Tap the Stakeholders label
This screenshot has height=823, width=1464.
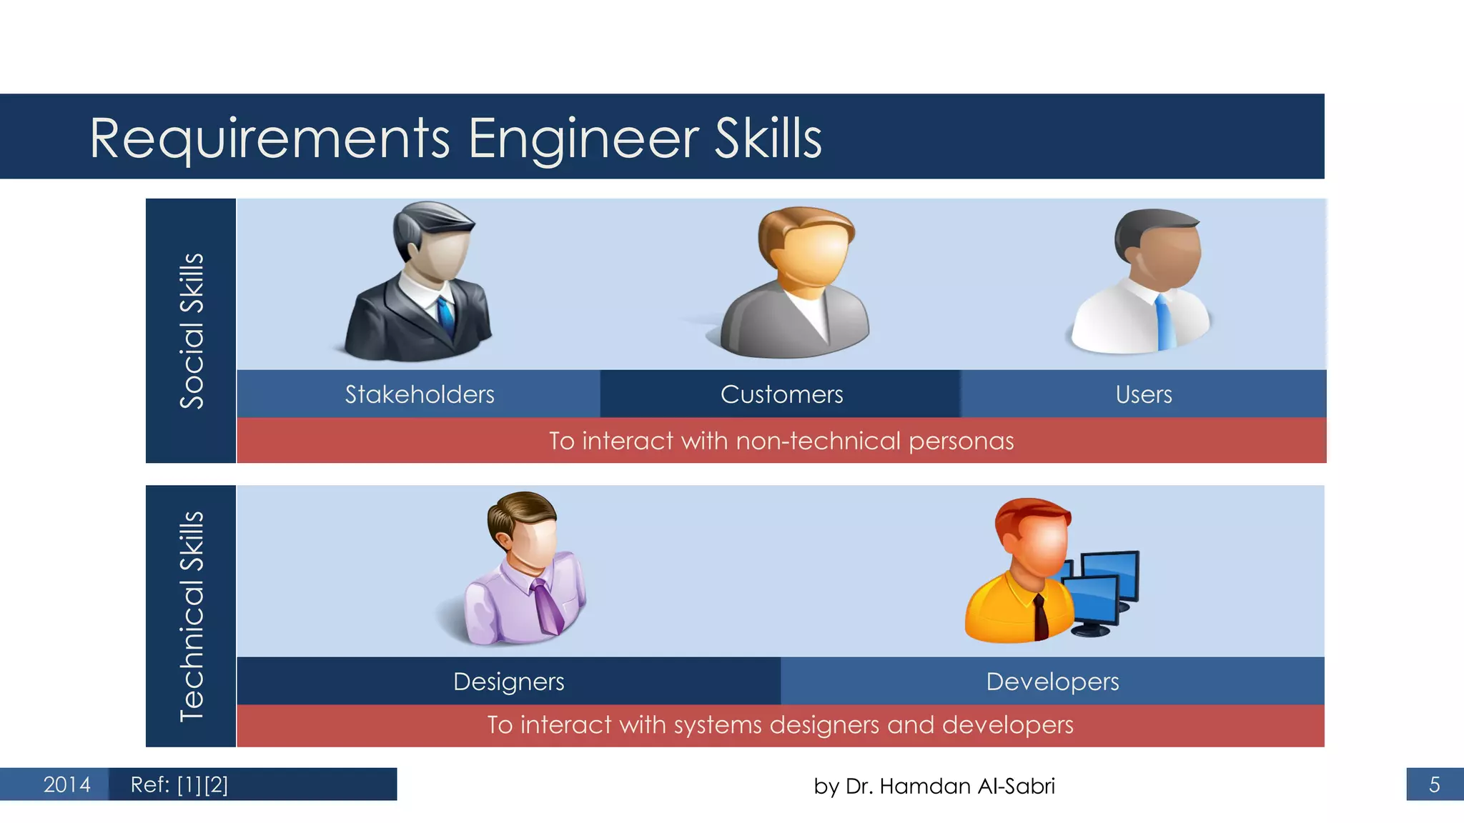[x=420, y=394]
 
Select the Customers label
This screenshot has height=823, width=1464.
[x=781, y=394]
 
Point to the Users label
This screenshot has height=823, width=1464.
[x=1144, y=394]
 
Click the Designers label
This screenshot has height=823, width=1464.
[x=508, y=682]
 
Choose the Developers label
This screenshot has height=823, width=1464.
[x=1052, y=682]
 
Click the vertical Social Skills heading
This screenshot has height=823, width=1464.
[x=192, y=331]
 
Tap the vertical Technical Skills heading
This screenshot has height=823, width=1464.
[x=192, y=617]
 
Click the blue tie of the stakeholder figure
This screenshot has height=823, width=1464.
[x=446, y=318]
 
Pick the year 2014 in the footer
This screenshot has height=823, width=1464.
[x=66, y=784]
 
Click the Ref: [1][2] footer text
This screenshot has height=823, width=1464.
[x=179, y=784]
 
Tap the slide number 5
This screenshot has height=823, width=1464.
[x=1434, y=784]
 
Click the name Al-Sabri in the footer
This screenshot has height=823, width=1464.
[x=1016, y=786]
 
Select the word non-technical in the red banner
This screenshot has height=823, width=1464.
[x=818, y=441]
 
